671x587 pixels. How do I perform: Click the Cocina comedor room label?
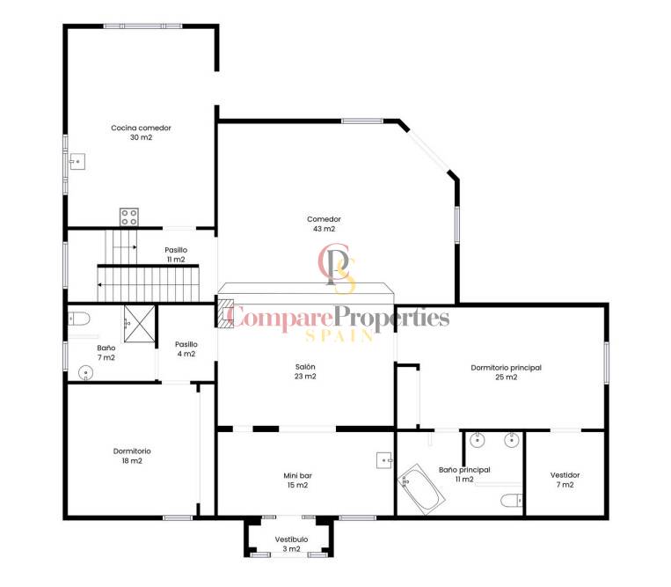tap(141, 132)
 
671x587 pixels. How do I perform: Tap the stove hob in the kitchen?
tap(128, 216)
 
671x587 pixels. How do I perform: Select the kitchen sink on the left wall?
tap(77, 162)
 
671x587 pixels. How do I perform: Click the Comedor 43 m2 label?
tap(324, 224)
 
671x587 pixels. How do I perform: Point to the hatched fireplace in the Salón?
tap(225, 313)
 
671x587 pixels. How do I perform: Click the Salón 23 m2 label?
tap(305, 371)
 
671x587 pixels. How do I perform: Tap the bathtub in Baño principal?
tap(421, 489)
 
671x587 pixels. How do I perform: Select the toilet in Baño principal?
tap(511, 500)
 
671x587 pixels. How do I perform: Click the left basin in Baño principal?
tap(477, 440)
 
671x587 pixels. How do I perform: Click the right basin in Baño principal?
tap(511, 440)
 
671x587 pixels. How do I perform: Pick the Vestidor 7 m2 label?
tap(565, 480)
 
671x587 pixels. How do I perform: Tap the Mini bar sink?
tap(384, 460)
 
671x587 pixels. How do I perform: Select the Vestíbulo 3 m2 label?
tap(291, 544)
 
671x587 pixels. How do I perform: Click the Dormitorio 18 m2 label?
tap(132, 456)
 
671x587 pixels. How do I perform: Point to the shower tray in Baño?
tap(140, 324)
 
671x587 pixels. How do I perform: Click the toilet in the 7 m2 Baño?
tap(79, 319)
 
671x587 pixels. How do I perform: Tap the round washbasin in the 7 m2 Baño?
tap(86, 372)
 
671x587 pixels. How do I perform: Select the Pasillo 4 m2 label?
tap(186, 349)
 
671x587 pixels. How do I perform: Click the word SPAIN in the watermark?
tap(339, 335)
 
